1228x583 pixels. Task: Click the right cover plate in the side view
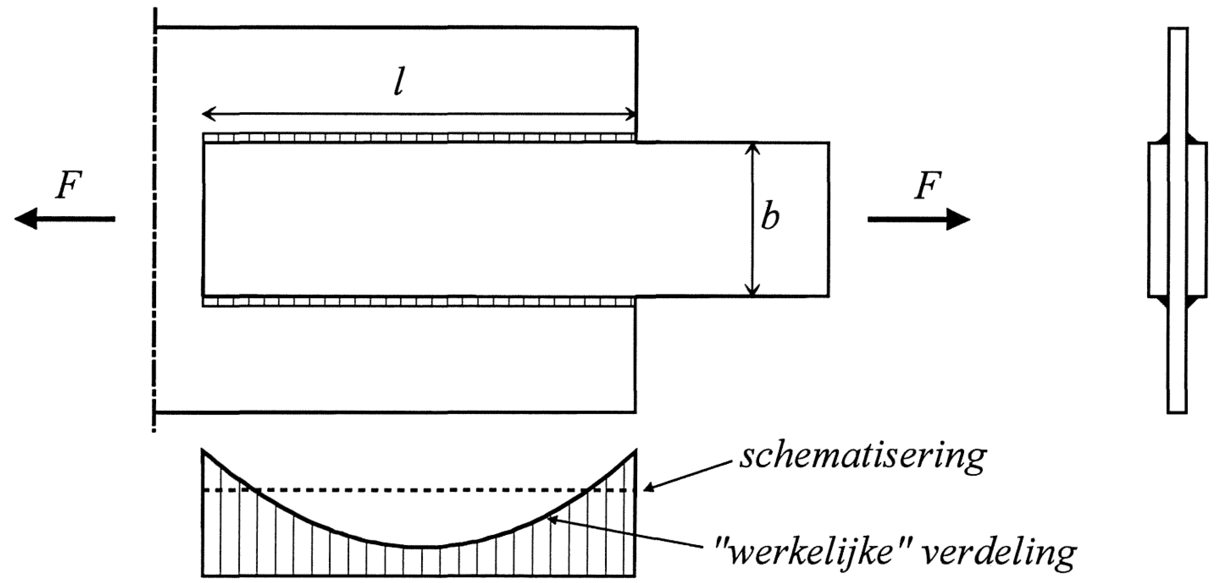[x=1197, y=219]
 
